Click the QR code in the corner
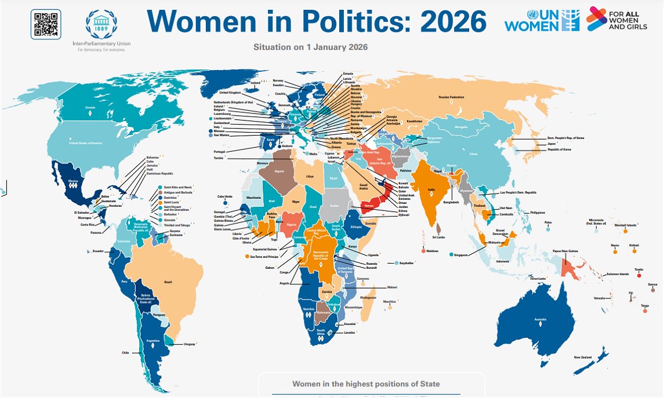(45, 25)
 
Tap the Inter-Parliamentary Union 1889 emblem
(101, 25)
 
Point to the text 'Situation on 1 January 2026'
(311, 46)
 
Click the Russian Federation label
(451, 97)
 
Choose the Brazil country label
(168, 282)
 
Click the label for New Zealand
(582, 357)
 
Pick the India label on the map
(431, 189)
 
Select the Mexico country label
(72, 181)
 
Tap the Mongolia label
(461, 127)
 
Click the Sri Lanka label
(438, 237)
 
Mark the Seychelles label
(406, 263)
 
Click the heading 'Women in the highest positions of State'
(366, 384)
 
